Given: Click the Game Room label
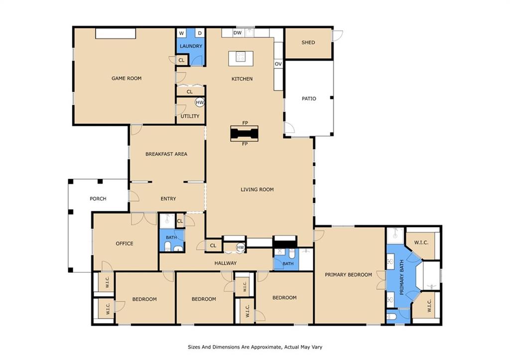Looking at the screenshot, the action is [127, 78].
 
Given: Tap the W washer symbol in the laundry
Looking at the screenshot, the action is [181, 33].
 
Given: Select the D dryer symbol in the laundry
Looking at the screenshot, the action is [200, 33].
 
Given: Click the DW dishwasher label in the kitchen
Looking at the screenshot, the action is [238, 32].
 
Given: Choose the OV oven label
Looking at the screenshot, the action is [278, 64].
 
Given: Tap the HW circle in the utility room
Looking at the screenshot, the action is [200, 103].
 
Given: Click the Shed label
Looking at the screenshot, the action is [308, 42].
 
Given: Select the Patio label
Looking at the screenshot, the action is [309, 99].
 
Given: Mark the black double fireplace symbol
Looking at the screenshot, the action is [244, 133].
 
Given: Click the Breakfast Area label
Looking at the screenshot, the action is [166, 154].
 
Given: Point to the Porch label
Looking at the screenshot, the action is [98, 198].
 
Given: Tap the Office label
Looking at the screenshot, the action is [125, 243].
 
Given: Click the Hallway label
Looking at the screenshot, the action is [226, 263].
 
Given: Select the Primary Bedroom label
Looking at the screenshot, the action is [348, 274].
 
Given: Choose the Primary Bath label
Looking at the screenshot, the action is [401, 277].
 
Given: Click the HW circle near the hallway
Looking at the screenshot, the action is [241, 247].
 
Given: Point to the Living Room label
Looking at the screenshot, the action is [257, 189].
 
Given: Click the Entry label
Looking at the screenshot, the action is [168, 198].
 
